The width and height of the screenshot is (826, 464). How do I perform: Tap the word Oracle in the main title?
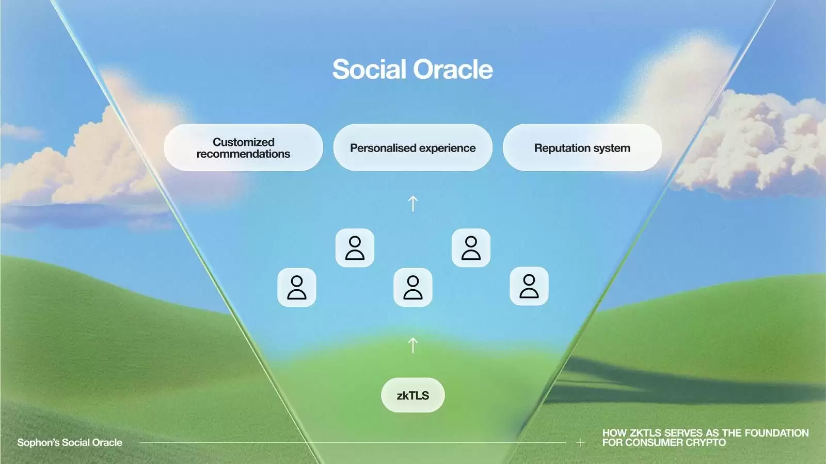pos(453,69)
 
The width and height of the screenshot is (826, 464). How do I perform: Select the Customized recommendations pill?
pos(243,147)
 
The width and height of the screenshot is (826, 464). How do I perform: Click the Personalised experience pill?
pos(412,147)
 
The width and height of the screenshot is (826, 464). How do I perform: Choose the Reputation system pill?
pos(582,147)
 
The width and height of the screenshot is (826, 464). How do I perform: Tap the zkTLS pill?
pos(412,395)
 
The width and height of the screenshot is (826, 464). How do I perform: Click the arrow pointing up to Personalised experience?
pos(412,203)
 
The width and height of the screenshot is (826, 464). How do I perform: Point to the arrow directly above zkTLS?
pos(412,345)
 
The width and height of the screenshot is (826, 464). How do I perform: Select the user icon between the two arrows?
pos(412,287)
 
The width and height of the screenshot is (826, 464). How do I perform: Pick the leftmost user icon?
pos(297,287)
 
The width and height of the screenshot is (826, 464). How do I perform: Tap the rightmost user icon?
pos(529,286)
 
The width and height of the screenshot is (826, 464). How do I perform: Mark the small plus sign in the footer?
pos(580,442)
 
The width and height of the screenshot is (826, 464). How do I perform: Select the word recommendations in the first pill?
pos(243,154)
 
